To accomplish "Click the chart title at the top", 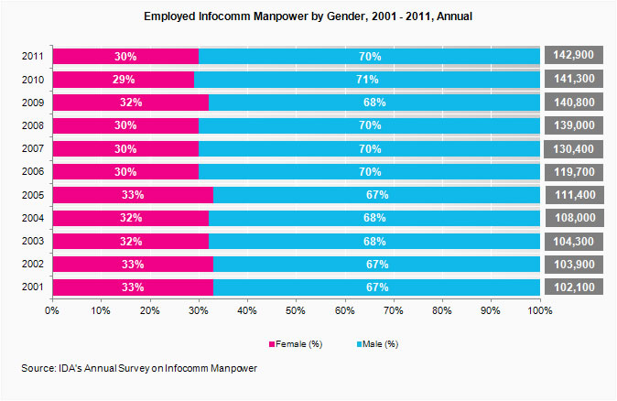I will (x=308, y=17).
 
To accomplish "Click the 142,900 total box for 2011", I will (x=578, y=57).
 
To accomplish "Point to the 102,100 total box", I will (x=578, y=287).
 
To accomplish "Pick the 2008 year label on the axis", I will (x=32, y=125).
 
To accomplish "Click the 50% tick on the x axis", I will (x=296, y=310).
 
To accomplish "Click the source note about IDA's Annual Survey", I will (x=140, y=368).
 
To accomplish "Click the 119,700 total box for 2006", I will (x=578, y=171).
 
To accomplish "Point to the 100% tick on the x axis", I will (x=539, y=310).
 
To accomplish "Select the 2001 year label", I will (x=32, y=287).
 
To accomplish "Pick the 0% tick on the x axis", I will (x=52, y=310).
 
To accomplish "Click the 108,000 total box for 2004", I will (x=578, y=217).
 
